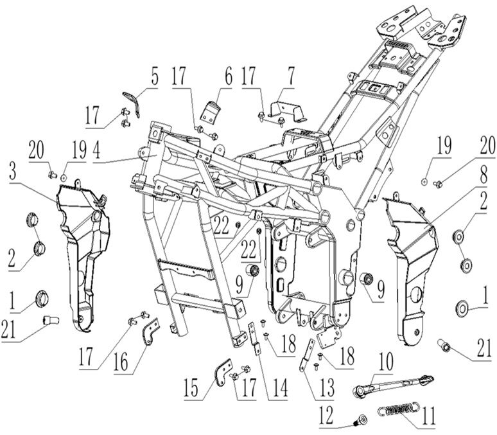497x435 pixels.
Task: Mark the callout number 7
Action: point(290,81)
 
